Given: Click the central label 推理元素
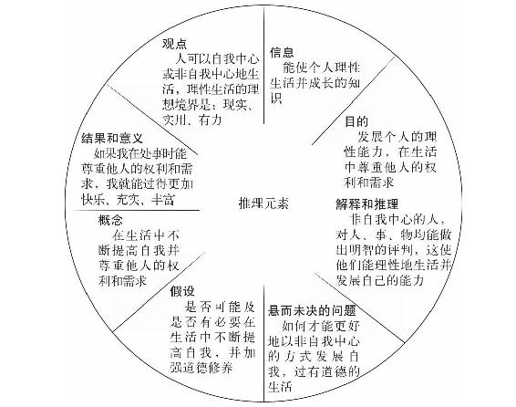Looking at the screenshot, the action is click(x=263, y=203).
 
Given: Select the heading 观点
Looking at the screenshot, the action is click(x=175, y=44).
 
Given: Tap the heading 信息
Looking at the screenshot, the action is click(x=282, y=52).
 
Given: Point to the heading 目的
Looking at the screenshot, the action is click(x=356, y=121).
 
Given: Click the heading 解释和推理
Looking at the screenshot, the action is click(x=367, y=204).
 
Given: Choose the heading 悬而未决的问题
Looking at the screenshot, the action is click(x=312, y=310).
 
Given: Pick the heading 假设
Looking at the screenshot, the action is click(x=182, y=291).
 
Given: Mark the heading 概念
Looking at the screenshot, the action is click(x=110, y=220).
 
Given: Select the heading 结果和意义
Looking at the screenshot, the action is click(x=112, y=138).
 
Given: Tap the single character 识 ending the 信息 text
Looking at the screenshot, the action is click(x=275, y=99).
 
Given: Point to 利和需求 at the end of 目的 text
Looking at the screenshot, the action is click(x=368, y=183).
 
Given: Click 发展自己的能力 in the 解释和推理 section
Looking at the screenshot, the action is click(x=379, y=280).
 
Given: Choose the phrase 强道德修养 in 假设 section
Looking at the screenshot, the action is click(x=201, y=367).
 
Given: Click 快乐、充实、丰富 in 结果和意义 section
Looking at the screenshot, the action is click(x=128, y=200).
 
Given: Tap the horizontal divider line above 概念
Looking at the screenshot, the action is click(x=136, y=210).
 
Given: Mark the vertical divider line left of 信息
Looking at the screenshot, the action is click(x=263, y=66).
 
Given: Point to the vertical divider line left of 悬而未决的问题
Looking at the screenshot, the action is click(x=263, y=343).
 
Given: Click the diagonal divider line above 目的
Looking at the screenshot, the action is click(x=353, y=100).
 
